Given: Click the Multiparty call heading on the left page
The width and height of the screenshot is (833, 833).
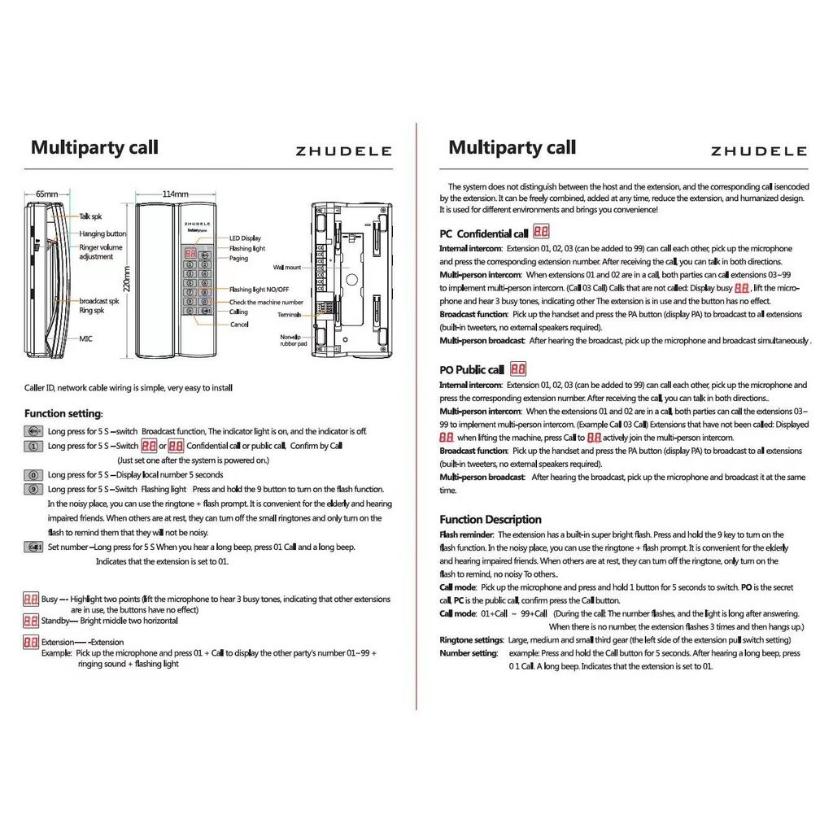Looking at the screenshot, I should (94, 147).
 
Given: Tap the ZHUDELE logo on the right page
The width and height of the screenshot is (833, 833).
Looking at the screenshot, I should (758, 151).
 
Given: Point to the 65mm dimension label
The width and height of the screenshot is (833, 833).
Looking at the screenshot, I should (47, 194).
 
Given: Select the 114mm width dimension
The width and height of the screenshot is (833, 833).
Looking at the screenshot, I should (176, 194).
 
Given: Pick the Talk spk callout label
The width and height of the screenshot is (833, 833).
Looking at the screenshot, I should (91, 217).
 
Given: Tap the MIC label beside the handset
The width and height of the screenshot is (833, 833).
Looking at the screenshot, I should (86, 338).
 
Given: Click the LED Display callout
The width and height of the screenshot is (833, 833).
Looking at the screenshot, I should (245, 238).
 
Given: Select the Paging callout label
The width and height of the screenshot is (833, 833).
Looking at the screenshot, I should (238, 259).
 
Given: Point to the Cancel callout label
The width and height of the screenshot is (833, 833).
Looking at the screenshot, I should (238, 325).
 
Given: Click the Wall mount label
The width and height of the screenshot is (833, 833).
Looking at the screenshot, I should (287, 267).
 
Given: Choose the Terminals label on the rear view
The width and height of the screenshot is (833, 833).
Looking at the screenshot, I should (289, 314).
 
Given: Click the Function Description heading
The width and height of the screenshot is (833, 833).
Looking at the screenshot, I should (491, 519).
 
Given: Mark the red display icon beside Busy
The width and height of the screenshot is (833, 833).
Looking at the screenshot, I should (31, 600).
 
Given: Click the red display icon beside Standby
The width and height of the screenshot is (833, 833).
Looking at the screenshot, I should (31, 621).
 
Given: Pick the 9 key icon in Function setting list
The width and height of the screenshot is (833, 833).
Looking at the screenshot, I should (33, 489).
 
